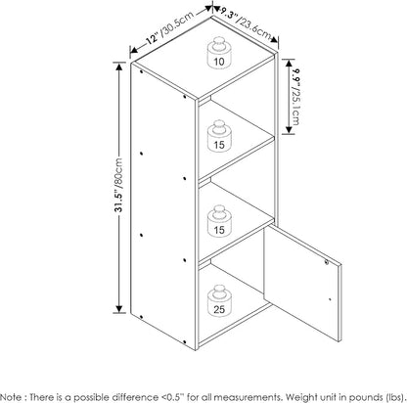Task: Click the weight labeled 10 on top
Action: pos(219,53)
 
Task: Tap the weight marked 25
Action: pos(219,301)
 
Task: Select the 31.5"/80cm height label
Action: pos(118,185)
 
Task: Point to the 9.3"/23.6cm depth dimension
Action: pos(247,24)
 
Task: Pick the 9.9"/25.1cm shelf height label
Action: pos(295,96)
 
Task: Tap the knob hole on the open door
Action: pos(327,261)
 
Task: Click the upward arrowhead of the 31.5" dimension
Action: pos(119,67)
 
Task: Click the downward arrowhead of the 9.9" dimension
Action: pos(288,129)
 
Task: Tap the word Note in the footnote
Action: pos(12,397)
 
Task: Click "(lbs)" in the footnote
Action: pos(395,397)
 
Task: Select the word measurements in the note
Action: pos(251,397)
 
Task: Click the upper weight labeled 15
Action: pos(219,136)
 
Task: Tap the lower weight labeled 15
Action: pos(219,221)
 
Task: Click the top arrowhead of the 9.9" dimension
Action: pos(288,64)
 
